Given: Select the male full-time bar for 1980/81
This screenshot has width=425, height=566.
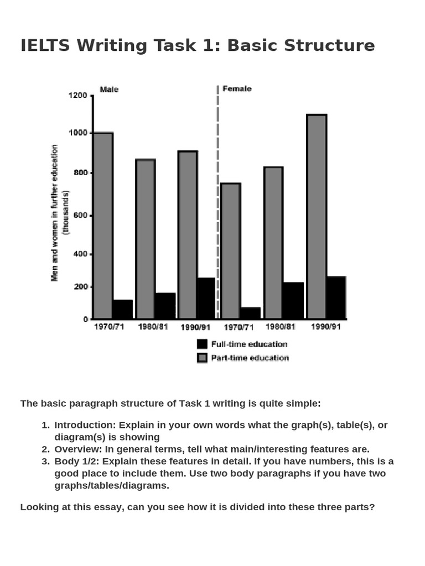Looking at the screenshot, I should pyautogui.click(x=165, y=306).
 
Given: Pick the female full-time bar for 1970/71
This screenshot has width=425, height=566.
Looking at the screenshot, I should pyautogui.click(x=251, y=313).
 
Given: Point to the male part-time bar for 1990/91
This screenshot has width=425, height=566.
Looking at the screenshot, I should pyautogui.click(x=188, y=235).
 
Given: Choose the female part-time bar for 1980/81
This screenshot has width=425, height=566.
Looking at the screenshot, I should pyautogui.click(x=273, y=243).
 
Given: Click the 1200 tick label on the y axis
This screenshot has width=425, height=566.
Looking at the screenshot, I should pyautogui.click(x=77, y=96).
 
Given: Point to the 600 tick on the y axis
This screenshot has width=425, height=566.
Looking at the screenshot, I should pyautogui.click(x=80, y=215).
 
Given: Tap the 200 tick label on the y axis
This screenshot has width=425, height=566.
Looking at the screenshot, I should pyautogui.click(x=80, y=287).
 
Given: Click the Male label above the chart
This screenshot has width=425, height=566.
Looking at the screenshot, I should pyautogui.click(x=109, y=89).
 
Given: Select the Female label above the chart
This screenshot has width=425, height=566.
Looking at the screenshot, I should pyautogui.click(x=237, y=88).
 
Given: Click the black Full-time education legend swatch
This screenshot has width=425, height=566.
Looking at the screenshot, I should pyautogui.click(x=202, y=344).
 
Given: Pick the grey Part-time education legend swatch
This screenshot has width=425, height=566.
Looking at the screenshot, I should pyautogui.click(x=202, y=358).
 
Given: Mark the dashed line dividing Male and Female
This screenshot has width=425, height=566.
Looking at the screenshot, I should pyautogui.click(x=217, y=199).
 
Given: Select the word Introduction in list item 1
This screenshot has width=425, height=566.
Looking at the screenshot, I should pyautogui.click(x=85, y=425).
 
